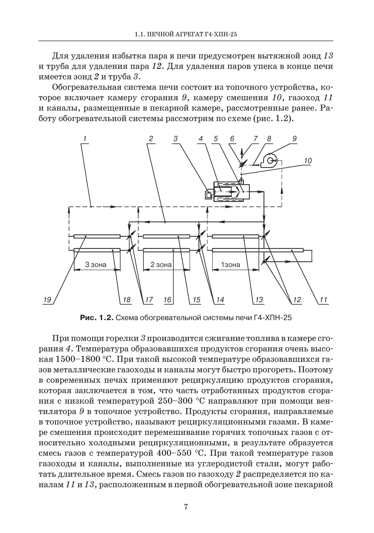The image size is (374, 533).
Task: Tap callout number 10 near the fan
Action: (x=307, y=161)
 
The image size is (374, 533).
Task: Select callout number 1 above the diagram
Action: (x=84, y=139)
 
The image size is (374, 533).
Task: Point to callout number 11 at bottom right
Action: (x=323, y=300)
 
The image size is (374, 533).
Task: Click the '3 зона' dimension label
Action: (x=96, y=265)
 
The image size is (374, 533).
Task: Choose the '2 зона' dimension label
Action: (x=161, y=265)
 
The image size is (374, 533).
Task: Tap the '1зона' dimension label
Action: (x=231, y=265)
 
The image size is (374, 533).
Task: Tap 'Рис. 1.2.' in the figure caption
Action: (x=97, y=318)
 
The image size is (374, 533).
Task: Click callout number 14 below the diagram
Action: (x=220, y=300)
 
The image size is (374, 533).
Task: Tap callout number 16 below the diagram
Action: (x=167, y=300)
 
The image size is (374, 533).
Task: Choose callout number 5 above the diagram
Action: (x=216, y=139)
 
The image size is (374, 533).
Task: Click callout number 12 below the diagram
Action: (x=296, y=300)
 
